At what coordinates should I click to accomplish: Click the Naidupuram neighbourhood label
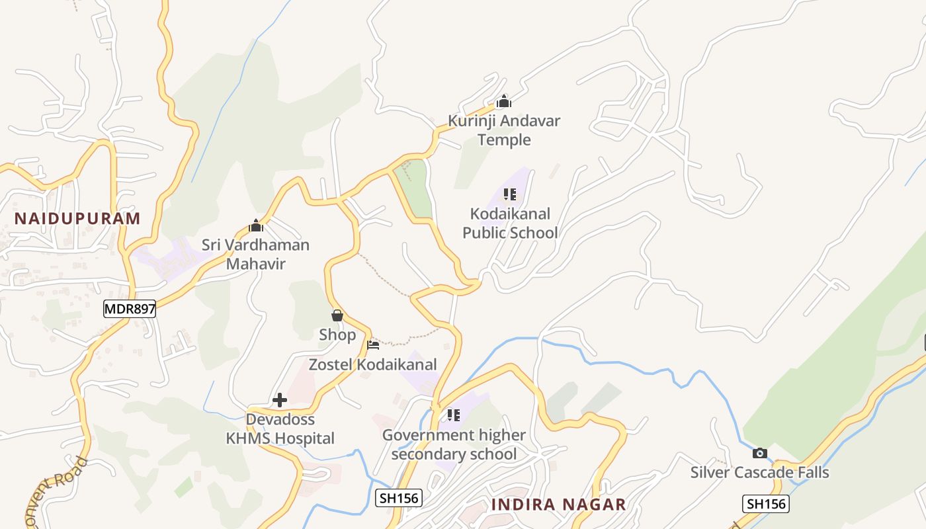coord(77,218)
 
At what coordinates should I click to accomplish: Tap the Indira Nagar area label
coord(558,505)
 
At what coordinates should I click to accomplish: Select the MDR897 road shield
coord(130,308)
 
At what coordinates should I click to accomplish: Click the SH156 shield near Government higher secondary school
coord(398,498)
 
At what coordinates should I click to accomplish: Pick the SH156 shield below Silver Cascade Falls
coord(766,504)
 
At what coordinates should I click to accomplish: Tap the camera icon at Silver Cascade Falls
coord(760,453)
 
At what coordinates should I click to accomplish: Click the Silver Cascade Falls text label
coord(759,472)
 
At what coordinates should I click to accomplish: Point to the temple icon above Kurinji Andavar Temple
coord(504,101)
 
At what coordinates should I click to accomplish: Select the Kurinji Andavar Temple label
coord(504,130)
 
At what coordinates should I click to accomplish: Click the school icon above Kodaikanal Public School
coord(509,194)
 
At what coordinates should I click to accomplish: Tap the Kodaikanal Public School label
coord(510,224)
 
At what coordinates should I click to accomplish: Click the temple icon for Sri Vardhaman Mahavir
coord(256,226)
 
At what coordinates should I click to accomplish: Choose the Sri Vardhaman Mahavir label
coord(256,255)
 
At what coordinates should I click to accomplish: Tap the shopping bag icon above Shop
coord(337,315)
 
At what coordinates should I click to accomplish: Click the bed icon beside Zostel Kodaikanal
coord(373,345)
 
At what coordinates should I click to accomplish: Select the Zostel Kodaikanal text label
coord(373,364)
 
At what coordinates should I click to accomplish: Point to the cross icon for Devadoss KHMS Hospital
coord(280,400)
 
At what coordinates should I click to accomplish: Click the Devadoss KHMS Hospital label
coord(280,428)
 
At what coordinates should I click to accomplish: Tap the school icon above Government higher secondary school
coord(453,415)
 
